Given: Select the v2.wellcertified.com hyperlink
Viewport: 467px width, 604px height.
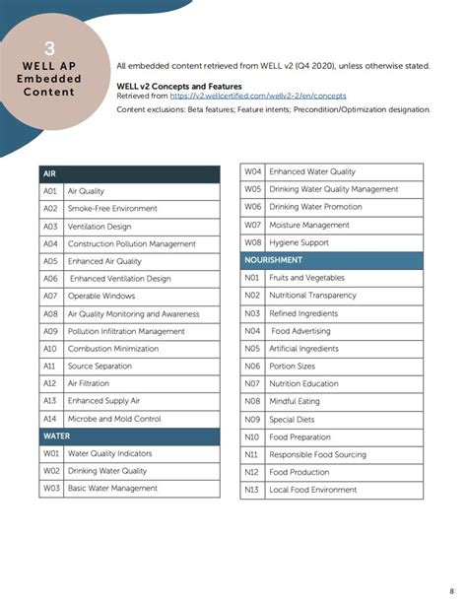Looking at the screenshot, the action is (x=258, y=96).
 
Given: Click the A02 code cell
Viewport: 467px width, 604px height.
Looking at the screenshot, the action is (x=50, y=209).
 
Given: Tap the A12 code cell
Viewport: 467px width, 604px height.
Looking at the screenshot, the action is (x=50, y=383).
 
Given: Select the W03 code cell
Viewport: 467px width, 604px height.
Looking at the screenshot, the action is (x=51, y=488).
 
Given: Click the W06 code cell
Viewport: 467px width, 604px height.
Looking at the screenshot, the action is (x=253, y=207).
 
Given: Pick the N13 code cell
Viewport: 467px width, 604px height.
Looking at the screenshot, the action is (x=252, y=489).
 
